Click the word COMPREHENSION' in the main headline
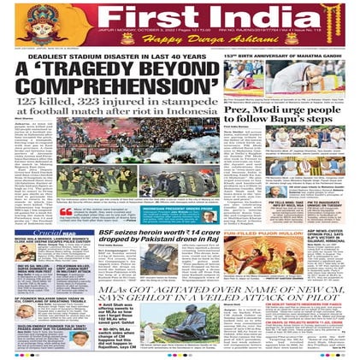(x=115, y=89)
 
